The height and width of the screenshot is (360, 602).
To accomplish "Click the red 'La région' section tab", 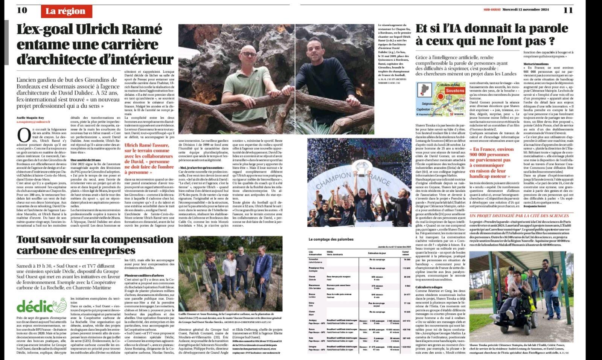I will pos(66,11).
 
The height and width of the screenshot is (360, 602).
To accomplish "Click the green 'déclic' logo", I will pos(37,305).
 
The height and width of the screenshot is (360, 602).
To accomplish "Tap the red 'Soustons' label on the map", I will pos(455,91).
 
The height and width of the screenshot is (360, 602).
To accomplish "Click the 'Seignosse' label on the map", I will pos(429,104).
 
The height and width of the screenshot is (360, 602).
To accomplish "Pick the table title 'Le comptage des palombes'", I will pos(331,239).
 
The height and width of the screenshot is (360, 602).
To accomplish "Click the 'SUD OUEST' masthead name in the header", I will pos(492,10).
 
